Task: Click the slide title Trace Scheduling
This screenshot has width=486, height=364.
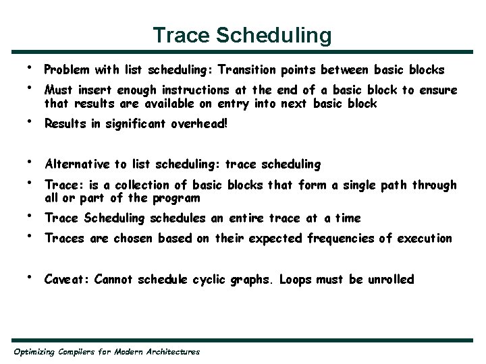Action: point(242,34)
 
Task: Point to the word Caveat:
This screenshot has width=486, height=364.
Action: point(66,279)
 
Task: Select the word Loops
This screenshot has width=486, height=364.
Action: point(299,279)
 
